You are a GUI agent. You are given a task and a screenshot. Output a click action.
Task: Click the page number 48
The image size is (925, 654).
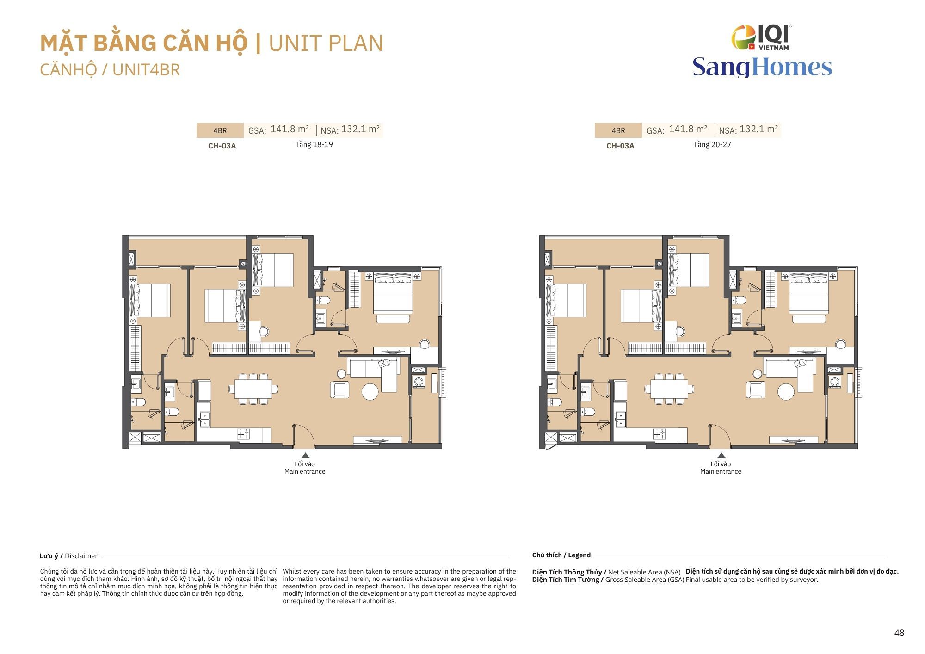pos(899,633)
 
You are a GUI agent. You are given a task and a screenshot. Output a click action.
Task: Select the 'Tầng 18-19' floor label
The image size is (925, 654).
pos(314,145)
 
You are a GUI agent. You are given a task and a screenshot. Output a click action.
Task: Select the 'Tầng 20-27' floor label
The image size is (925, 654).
pos(712,145)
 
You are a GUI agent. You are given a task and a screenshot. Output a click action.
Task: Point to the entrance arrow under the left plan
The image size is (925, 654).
pos(305,456)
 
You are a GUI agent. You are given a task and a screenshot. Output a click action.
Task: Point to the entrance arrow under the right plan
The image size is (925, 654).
pos(721,456)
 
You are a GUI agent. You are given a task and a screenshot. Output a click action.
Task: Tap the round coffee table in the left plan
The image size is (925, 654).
pos(370,392)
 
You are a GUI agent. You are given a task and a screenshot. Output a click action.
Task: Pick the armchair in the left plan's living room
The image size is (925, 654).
pos(339,389)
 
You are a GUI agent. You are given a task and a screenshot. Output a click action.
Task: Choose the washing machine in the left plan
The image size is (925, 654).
pos(419,382)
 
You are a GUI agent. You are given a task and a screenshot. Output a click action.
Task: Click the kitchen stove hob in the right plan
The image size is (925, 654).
pos(659,434)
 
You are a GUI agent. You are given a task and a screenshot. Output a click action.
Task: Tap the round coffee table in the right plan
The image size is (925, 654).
pos(786,392)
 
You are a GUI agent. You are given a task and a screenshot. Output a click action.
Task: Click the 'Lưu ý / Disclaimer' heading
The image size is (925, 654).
pos(68,556)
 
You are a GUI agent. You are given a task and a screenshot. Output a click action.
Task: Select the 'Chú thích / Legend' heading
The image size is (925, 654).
pos(561,555)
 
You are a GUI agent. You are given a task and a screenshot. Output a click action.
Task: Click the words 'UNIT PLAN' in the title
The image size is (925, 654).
pos(326,43)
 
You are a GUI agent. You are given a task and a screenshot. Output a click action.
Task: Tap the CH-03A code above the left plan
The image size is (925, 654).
pos(222,146)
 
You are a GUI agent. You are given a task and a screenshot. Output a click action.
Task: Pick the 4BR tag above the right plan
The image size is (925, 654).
pos(618,131)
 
